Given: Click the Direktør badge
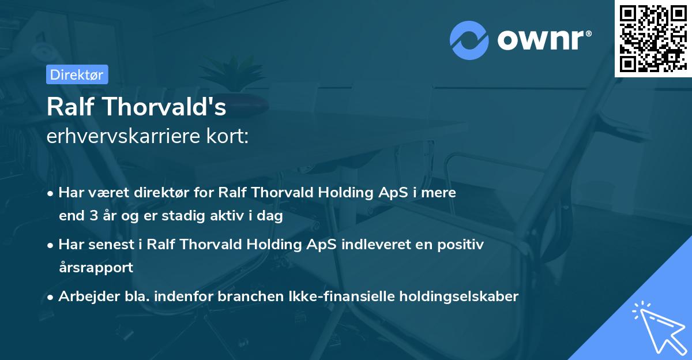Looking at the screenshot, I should tap(77, 74).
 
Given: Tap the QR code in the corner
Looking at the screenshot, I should tap(653, 39).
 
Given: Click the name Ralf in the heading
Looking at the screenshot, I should tap(69, 107).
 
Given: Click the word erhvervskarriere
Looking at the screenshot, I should tap(120, 137).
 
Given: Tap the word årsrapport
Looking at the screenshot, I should tap(96, 267).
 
